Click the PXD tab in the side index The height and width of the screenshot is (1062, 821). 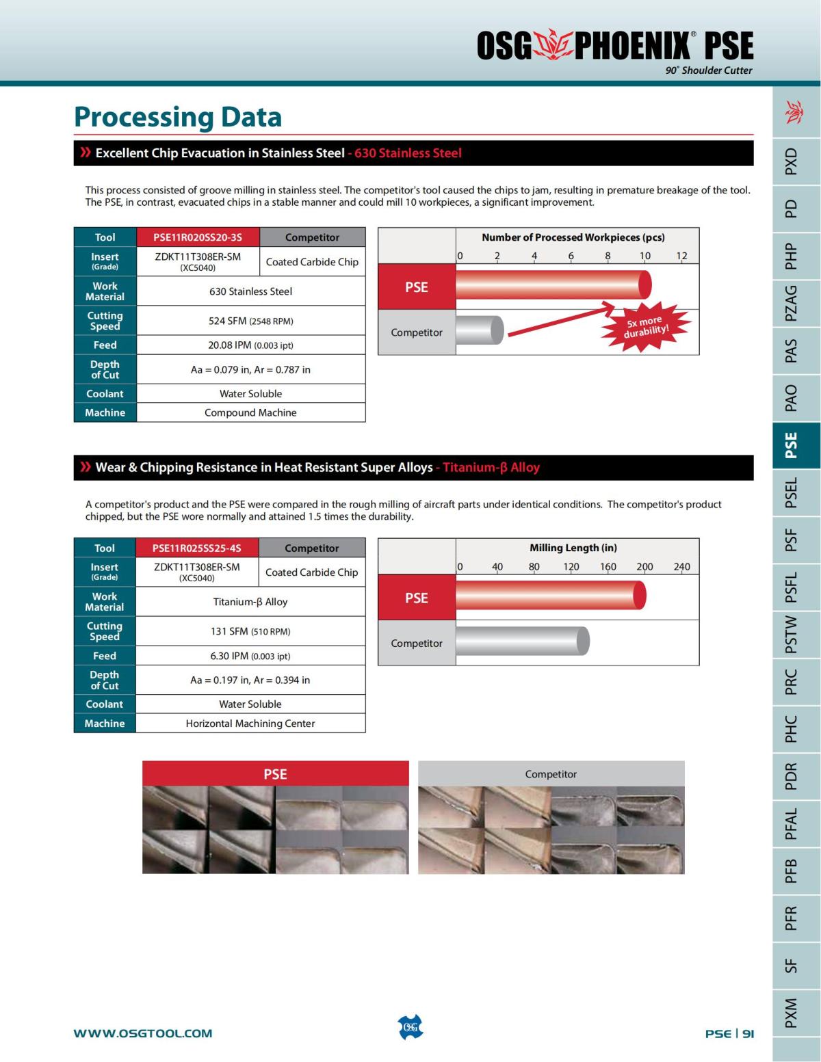792,161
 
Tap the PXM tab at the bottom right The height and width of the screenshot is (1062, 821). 792,1013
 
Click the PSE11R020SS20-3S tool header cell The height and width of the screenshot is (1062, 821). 198,237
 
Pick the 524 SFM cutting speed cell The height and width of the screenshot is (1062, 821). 250,321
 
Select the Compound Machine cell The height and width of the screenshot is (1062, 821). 250,412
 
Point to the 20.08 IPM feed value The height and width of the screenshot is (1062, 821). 250,345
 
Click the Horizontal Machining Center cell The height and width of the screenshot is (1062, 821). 250,724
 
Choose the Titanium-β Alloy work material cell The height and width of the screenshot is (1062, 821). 250,602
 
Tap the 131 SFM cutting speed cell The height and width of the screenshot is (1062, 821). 250,631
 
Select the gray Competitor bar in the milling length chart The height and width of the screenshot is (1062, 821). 521,641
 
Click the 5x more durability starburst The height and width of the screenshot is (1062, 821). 646,327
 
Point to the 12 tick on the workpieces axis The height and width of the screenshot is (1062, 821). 681,256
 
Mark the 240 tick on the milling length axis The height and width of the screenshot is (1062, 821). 681,566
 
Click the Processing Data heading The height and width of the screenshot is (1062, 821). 178,117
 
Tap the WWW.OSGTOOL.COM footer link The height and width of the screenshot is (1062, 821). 143,1033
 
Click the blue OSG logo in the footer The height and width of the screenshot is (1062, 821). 410,1027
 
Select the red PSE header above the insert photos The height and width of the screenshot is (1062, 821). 275,774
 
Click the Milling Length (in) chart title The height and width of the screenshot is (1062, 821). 573,548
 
